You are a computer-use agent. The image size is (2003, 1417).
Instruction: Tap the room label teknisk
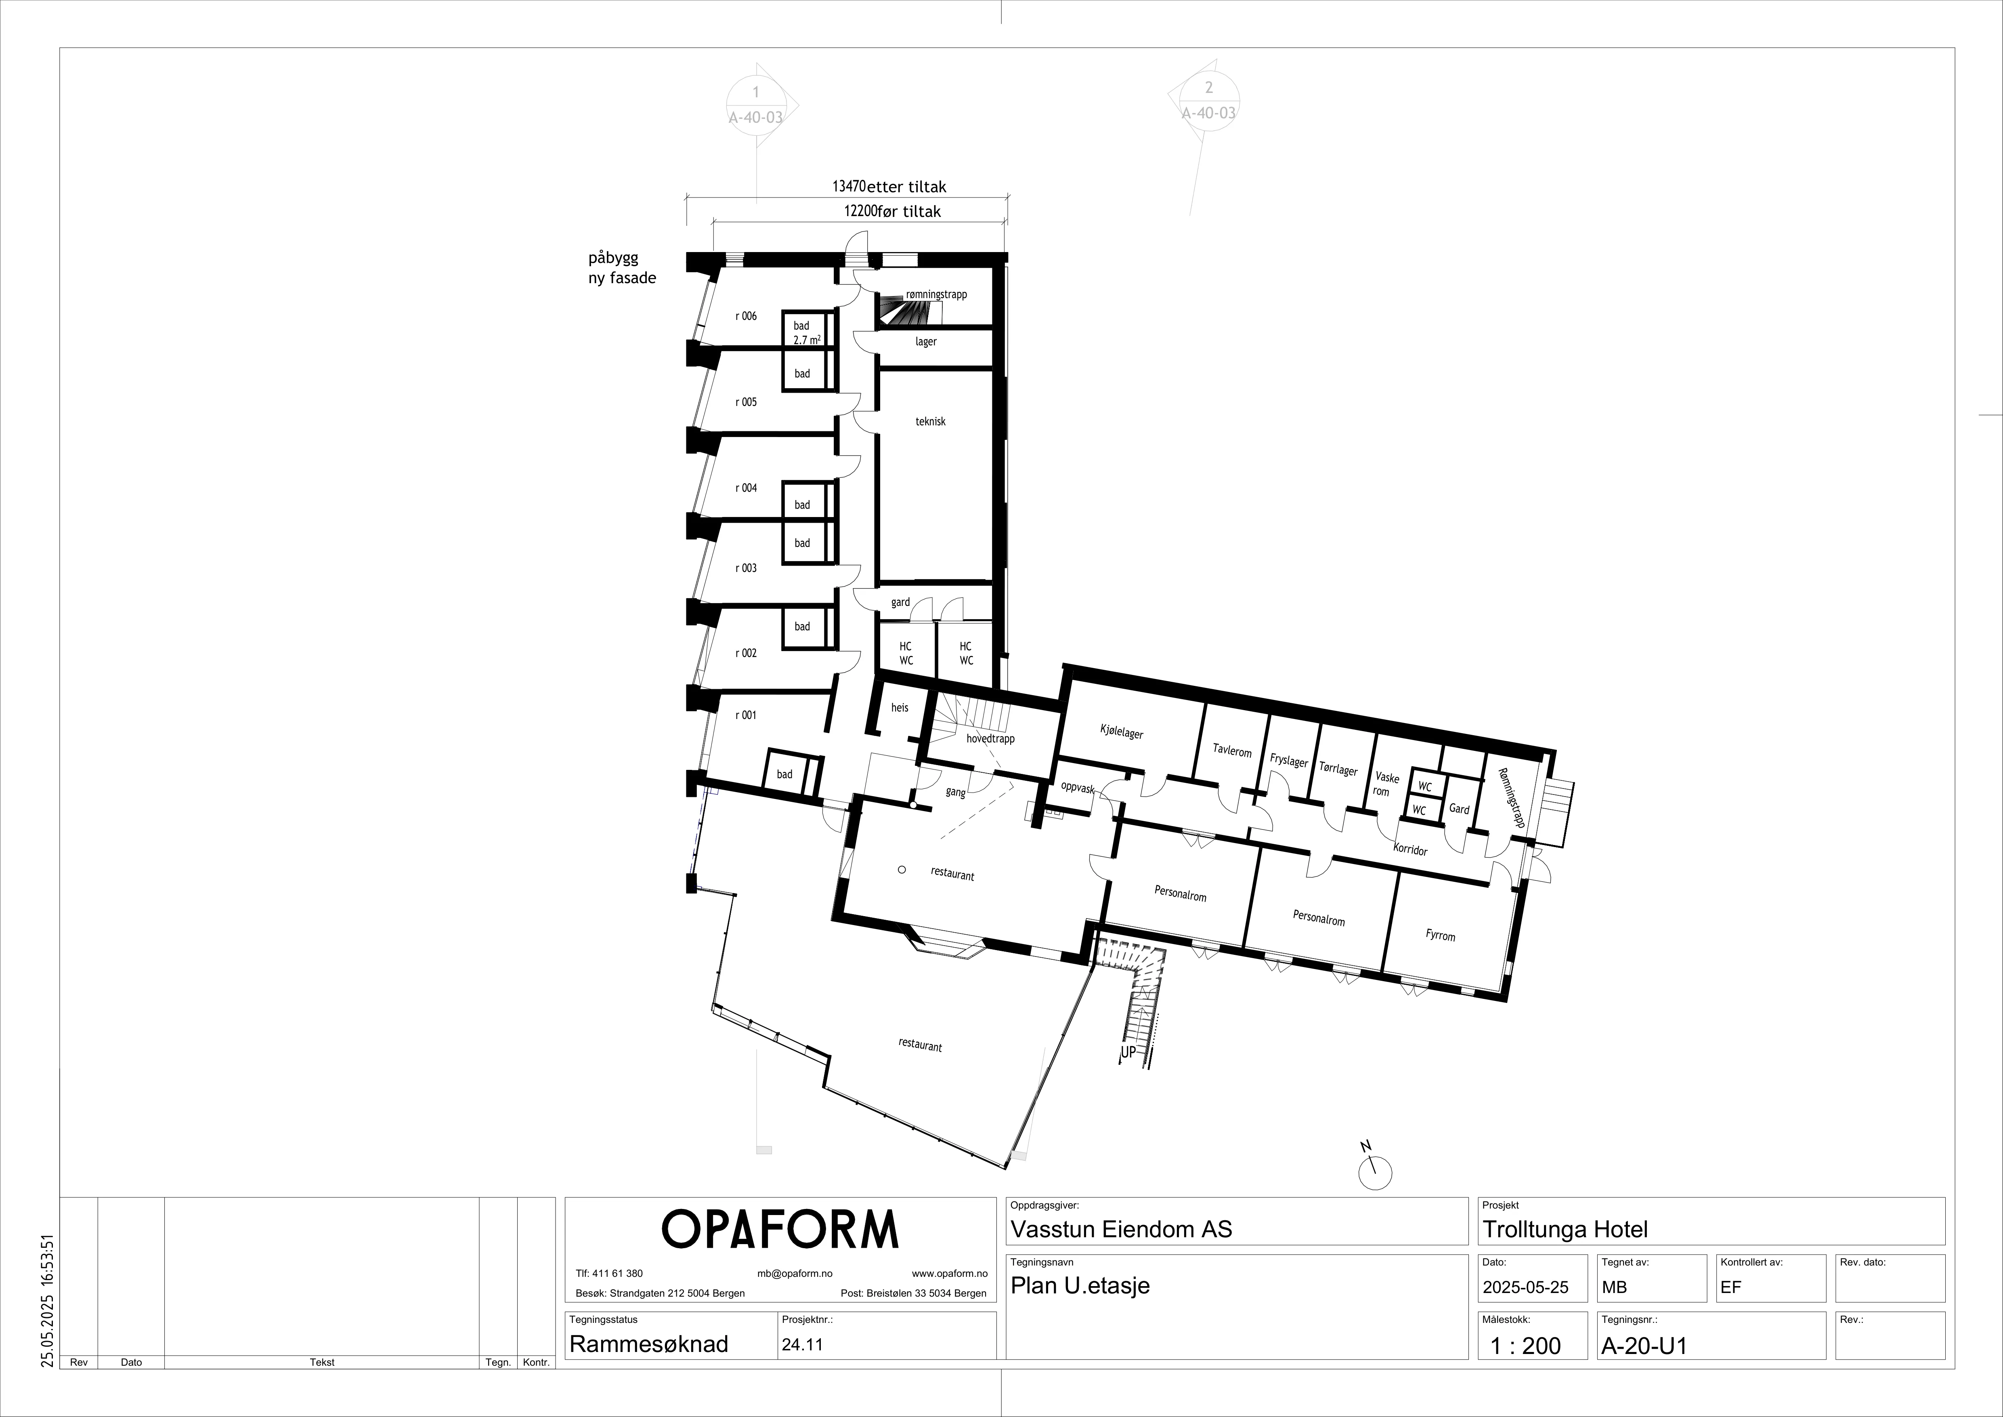(930, 421)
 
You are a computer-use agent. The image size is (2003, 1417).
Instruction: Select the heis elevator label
(900, 708)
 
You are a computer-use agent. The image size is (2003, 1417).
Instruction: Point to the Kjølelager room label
(1121, 731)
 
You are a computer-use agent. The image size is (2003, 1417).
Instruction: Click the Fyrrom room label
(1440, 936)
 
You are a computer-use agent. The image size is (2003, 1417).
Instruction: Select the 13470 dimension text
(847, 187)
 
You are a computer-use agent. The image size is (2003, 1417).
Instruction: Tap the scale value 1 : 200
(1526, 1346)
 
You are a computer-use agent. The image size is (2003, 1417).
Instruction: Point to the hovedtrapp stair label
(990, 739)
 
